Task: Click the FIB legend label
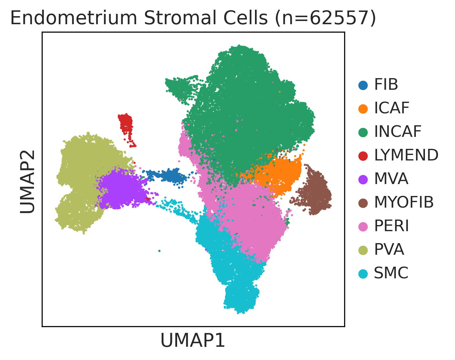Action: point(386,85)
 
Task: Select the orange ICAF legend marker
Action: point(363,109)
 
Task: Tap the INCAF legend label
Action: point(398,132)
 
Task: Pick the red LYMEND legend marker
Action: point(363,156)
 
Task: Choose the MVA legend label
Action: point(391,179)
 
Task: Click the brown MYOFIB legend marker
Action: point(363,203)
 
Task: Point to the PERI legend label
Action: point(392,226)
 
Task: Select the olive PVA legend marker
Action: point(363,250)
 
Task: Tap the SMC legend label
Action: point(391,273)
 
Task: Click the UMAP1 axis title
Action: point(193,340)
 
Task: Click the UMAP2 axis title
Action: point(27,182)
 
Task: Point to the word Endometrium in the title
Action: point(74,18)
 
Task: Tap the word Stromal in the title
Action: point(180,18)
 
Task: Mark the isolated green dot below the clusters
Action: point(159,251)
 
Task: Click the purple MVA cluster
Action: point(122,188)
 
